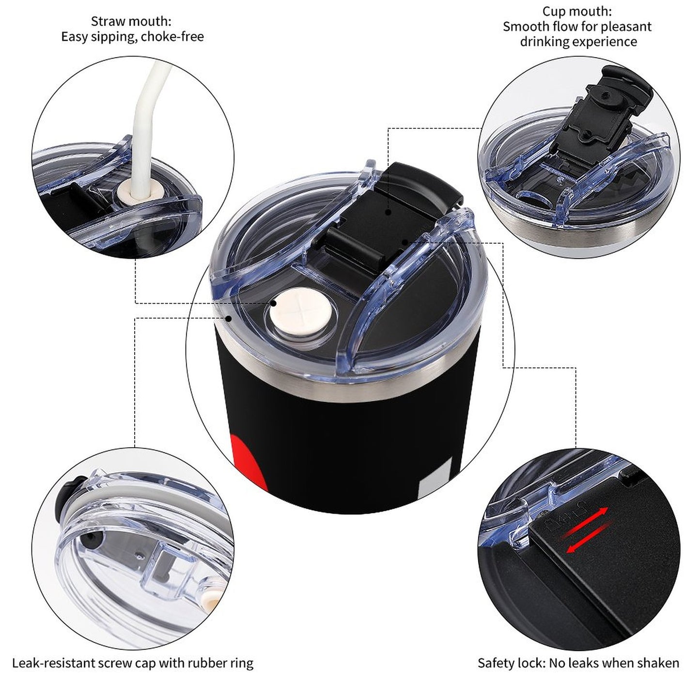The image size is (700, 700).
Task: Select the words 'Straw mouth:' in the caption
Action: [131, 22]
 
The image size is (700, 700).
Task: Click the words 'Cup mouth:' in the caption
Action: [577, 12]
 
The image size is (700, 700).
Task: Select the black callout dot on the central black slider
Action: [389, 211]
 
